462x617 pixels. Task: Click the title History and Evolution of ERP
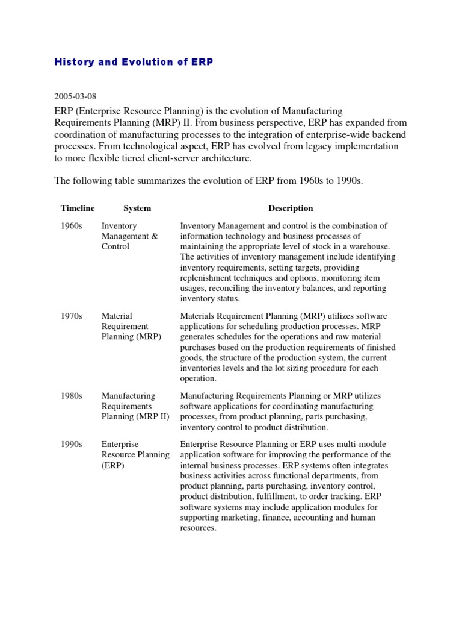134,61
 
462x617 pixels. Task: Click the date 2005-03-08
76,96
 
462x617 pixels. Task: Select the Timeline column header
78,208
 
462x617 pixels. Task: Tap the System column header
137,208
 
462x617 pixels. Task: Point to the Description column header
290,208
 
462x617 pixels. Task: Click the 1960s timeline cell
71,226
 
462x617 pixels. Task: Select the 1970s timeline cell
71,316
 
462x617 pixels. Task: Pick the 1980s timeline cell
71,396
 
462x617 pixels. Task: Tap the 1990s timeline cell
71,444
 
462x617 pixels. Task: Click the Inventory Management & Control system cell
129,236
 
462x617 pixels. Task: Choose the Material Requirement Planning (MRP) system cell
131,326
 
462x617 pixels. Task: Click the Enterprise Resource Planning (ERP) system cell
135,455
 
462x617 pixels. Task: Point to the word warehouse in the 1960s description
369,246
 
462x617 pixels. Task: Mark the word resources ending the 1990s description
198,527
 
